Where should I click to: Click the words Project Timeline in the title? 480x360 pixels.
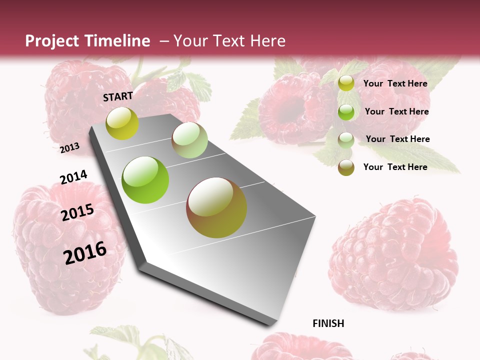87,41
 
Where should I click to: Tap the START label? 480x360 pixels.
118,96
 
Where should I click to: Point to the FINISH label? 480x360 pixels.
328,323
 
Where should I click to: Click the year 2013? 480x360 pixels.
70,147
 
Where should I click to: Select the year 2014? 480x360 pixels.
73,177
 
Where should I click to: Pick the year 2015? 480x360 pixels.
77,212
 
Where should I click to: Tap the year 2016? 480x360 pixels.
85,252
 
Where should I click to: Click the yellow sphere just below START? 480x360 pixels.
122,123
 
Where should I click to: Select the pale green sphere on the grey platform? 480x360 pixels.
189,140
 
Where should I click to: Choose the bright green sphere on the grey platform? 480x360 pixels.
145,180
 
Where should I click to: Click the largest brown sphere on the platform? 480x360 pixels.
216,207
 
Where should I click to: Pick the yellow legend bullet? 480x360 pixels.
346,83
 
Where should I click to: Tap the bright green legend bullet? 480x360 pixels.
346,112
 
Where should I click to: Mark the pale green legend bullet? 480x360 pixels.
346,140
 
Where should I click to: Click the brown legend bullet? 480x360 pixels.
346,167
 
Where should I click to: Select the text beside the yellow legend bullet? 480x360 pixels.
395,83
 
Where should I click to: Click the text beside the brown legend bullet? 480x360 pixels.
395,167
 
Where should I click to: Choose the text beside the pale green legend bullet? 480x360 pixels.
397,139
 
